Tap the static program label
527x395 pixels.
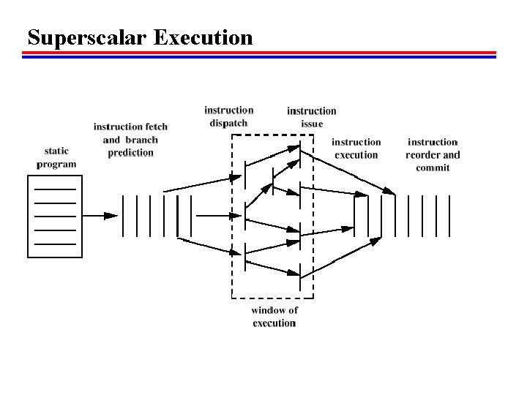[x=56, y=157]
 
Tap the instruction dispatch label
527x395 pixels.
[x=228, y=116]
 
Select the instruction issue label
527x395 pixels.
[x=311, y=117]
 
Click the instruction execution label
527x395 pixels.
[x=356, y=148]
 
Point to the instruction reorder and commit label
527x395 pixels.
[x=433, y=154]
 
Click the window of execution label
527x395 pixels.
[x=274, y=316]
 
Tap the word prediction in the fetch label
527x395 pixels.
[x=130, y=152]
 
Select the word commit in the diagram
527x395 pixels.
[x=433, y=168]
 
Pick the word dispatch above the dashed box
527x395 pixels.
[x=228, y=123]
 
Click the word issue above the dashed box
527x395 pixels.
[x=311, y=124]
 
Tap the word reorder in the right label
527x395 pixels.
[x=424, y=154]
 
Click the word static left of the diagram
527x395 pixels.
[x=56, y=151]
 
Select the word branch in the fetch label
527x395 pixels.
[x=141, y=140]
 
